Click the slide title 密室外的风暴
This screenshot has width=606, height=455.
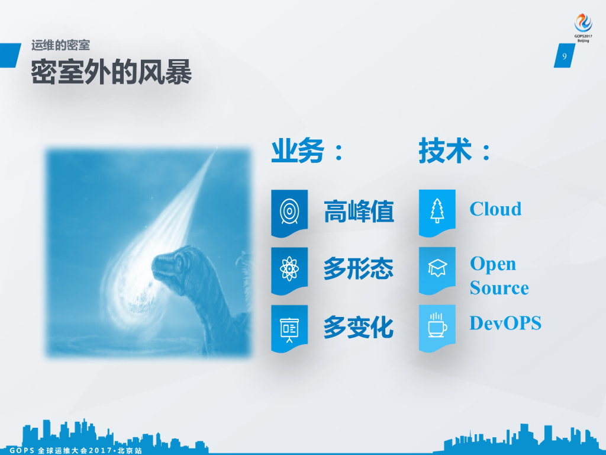tap(111, 72)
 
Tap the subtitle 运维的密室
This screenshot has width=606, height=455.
tap(60, 45)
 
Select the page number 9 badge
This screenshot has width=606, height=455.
tap(564, 57)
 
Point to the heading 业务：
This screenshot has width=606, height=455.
tap(308, 151)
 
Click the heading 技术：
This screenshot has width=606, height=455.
tap(455, 151)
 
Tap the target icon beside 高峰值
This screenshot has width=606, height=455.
tap(289, 211)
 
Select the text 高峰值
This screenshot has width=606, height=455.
tap(359, 212)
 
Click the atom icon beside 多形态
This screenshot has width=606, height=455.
tap(289, 269)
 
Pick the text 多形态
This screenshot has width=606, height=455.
tap(359, 269)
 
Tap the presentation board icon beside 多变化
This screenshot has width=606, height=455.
tap(289, 327)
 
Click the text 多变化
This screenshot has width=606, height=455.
tap(359, 327)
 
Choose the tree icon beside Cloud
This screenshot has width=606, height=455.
tap(437, 211)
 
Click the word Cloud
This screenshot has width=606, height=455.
tap(495, 209)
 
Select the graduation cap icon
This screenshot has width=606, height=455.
tap(437, 269)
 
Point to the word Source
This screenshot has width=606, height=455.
tap(499, 288)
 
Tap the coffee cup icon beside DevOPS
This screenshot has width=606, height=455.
tap(437, 326)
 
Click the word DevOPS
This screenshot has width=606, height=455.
tap(505, 323)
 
